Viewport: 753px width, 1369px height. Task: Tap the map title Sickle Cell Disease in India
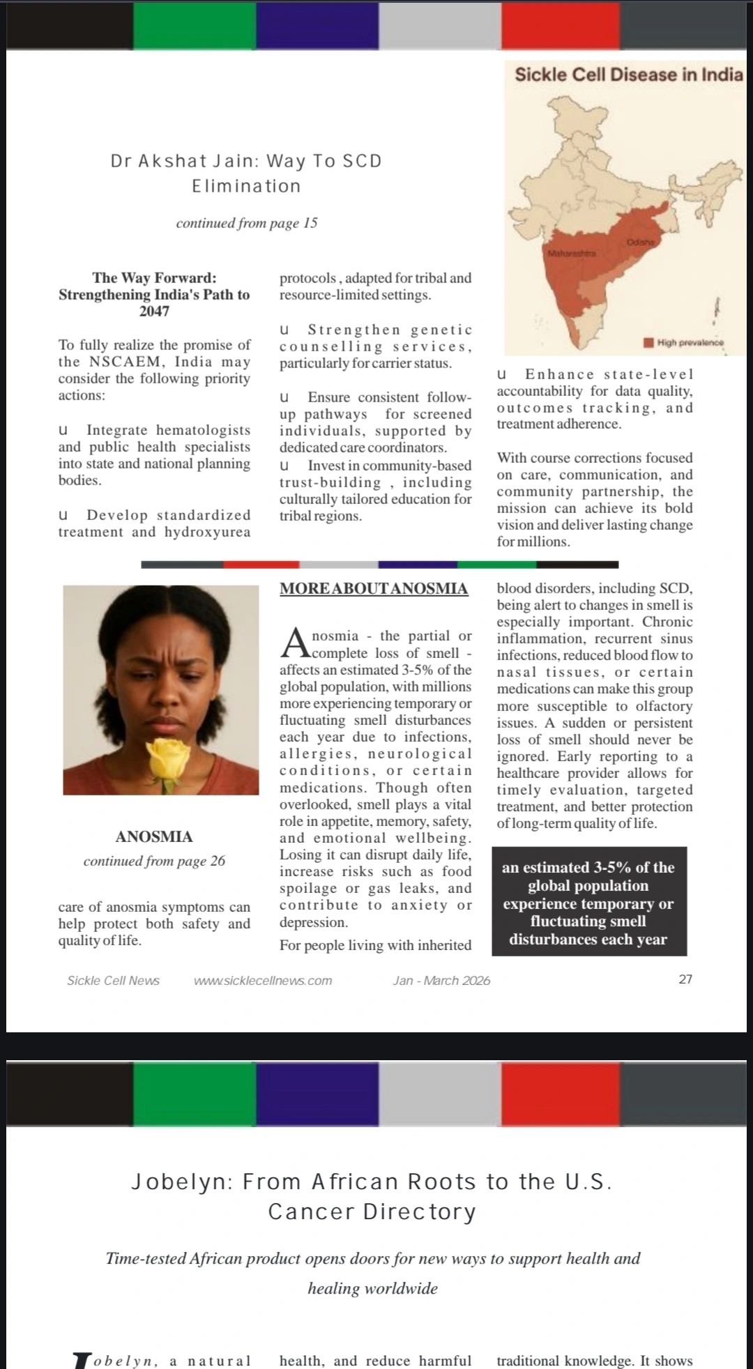[x=628, y=74]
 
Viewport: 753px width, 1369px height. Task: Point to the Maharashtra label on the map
[x=572, y=254]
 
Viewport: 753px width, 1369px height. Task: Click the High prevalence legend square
[x=648, y=342]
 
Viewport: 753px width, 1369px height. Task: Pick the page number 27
[x=685, y=979]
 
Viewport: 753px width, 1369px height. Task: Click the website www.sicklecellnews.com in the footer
[x=263, y=980]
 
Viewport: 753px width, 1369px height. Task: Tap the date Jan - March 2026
[x=441, y=980]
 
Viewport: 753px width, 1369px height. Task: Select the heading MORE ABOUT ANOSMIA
[x=374, y=588]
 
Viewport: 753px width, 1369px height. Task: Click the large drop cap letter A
[x=294, y=643]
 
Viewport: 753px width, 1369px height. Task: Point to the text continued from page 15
[x=246, y=223]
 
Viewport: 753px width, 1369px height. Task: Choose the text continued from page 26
[x=154, y=861]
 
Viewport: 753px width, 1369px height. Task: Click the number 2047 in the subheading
[x=154, y=311]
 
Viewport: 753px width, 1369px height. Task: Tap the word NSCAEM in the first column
[x=123, y=362]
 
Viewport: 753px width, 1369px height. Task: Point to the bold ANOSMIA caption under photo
[x=154, y=836]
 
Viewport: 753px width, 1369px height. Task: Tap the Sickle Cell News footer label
[x=113, y=980]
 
